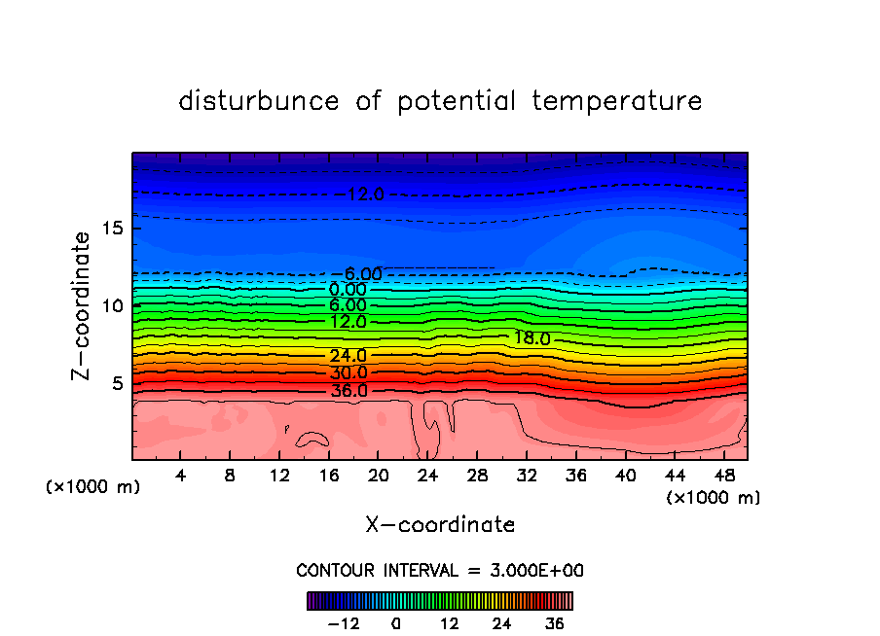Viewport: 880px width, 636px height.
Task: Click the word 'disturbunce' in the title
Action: tap(258, 101)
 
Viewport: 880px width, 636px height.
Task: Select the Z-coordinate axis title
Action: tap(82, 305)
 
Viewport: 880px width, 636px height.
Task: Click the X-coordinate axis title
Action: tap(440, 525)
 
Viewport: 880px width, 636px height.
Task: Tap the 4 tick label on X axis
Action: tap(181, 476)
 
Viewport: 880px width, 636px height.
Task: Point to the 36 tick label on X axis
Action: tap(575, 476)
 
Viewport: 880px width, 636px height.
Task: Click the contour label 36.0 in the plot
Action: tap(348, 391)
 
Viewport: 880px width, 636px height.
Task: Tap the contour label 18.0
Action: tap(532, 338)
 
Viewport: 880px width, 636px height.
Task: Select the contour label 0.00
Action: tap(348, 290)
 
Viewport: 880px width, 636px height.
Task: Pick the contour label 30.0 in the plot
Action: tap(348, 373)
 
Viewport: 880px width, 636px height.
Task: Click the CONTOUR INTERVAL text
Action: tap(440, 570)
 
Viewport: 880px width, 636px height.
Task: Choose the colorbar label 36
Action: tap(555, 624)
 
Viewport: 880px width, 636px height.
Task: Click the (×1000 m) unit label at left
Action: tap(93, 487)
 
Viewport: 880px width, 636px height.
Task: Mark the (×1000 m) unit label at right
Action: tap(714, 498)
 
